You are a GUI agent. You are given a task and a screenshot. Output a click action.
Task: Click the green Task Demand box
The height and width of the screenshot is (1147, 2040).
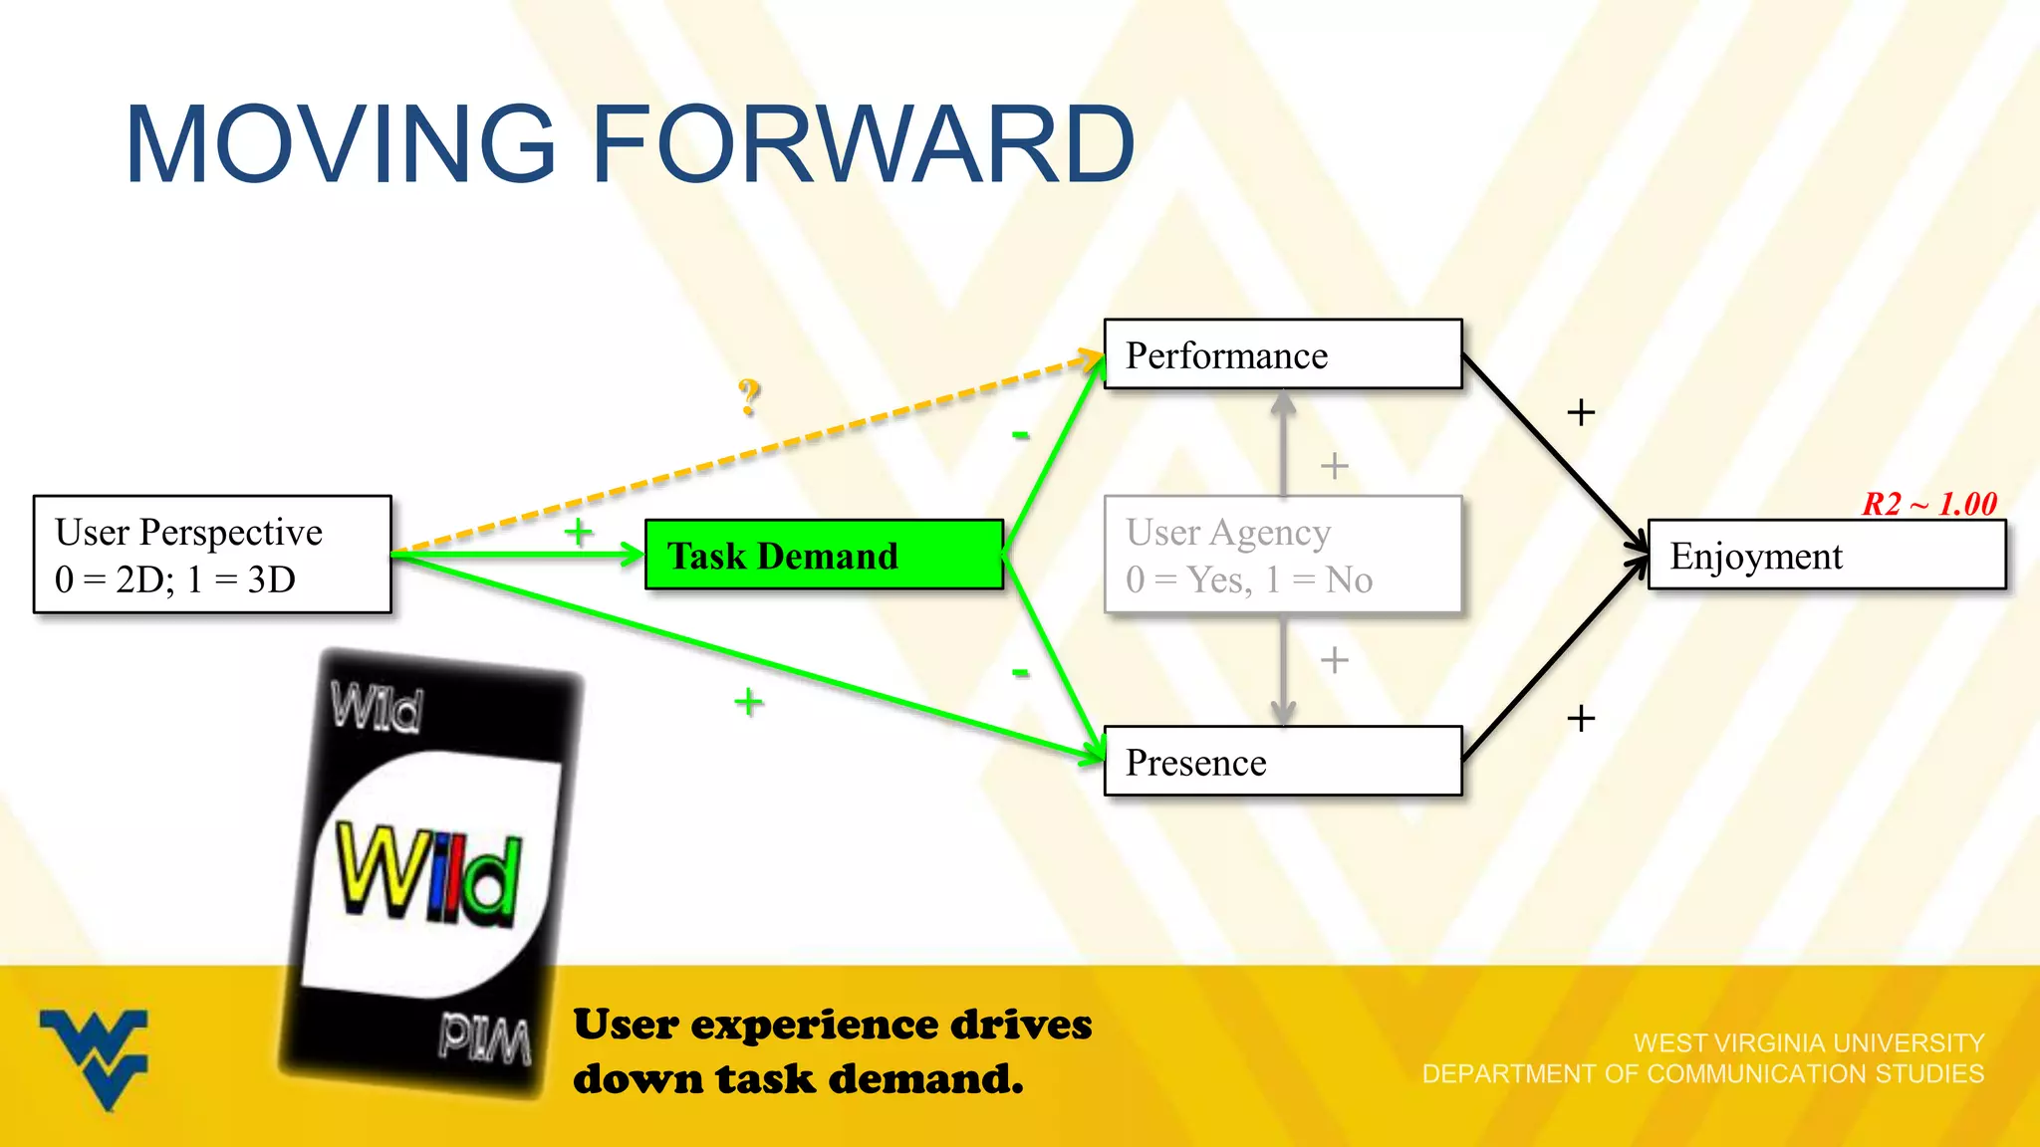coord(824,555)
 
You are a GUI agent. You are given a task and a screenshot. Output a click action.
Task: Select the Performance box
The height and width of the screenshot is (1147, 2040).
coord(1282,354)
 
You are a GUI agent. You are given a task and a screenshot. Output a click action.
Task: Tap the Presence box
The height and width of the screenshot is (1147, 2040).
coord(1282,762)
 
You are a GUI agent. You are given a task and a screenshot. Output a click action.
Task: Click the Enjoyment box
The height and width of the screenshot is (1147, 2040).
coord(1826,556)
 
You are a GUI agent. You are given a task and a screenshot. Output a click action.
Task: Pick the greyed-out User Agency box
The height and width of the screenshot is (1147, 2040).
coord(1282,556)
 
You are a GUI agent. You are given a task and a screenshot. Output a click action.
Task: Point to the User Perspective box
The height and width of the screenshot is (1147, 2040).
coord(212,555)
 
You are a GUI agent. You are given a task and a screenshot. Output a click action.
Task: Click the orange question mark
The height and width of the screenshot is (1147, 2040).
coord(749,396)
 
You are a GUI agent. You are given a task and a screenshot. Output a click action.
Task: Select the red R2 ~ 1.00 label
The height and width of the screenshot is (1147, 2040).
coord(1929,504)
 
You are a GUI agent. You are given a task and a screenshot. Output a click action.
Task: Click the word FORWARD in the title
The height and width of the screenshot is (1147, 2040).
coord(863,145)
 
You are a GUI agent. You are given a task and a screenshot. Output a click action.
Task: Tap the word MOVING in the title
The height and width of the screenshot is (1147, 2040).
coord(340,145)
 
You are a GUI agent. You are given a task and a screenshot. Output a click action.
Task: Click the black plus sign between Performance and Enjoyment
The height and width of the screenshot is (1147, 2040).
coord(1581,412)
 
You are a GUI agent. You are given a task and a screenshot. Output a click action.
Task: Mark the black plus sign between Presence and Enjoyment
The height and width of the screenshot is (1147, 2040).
coord(1581,718)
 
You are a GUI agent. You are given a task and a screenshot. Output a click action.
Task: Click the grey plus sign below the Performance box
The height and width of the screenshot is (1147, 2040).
coord(1334,465)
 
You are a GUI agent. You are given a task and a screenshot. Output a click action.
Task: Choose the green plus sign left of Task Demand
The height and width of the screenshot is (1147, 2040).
coord(578,532)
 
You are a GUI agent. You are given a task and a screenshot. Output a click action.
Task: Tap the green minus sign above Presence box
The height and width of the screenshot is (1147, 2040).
coord(1020,673)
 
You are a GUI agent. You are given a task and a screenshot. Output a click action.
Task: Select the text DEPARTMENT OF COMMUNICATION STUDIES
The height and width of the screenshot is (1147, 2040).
coord(1702,1074)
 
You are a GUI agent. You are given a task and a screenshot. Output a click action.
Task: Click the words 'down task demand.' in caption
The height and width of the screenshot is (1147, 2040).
coord(798,1079)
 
